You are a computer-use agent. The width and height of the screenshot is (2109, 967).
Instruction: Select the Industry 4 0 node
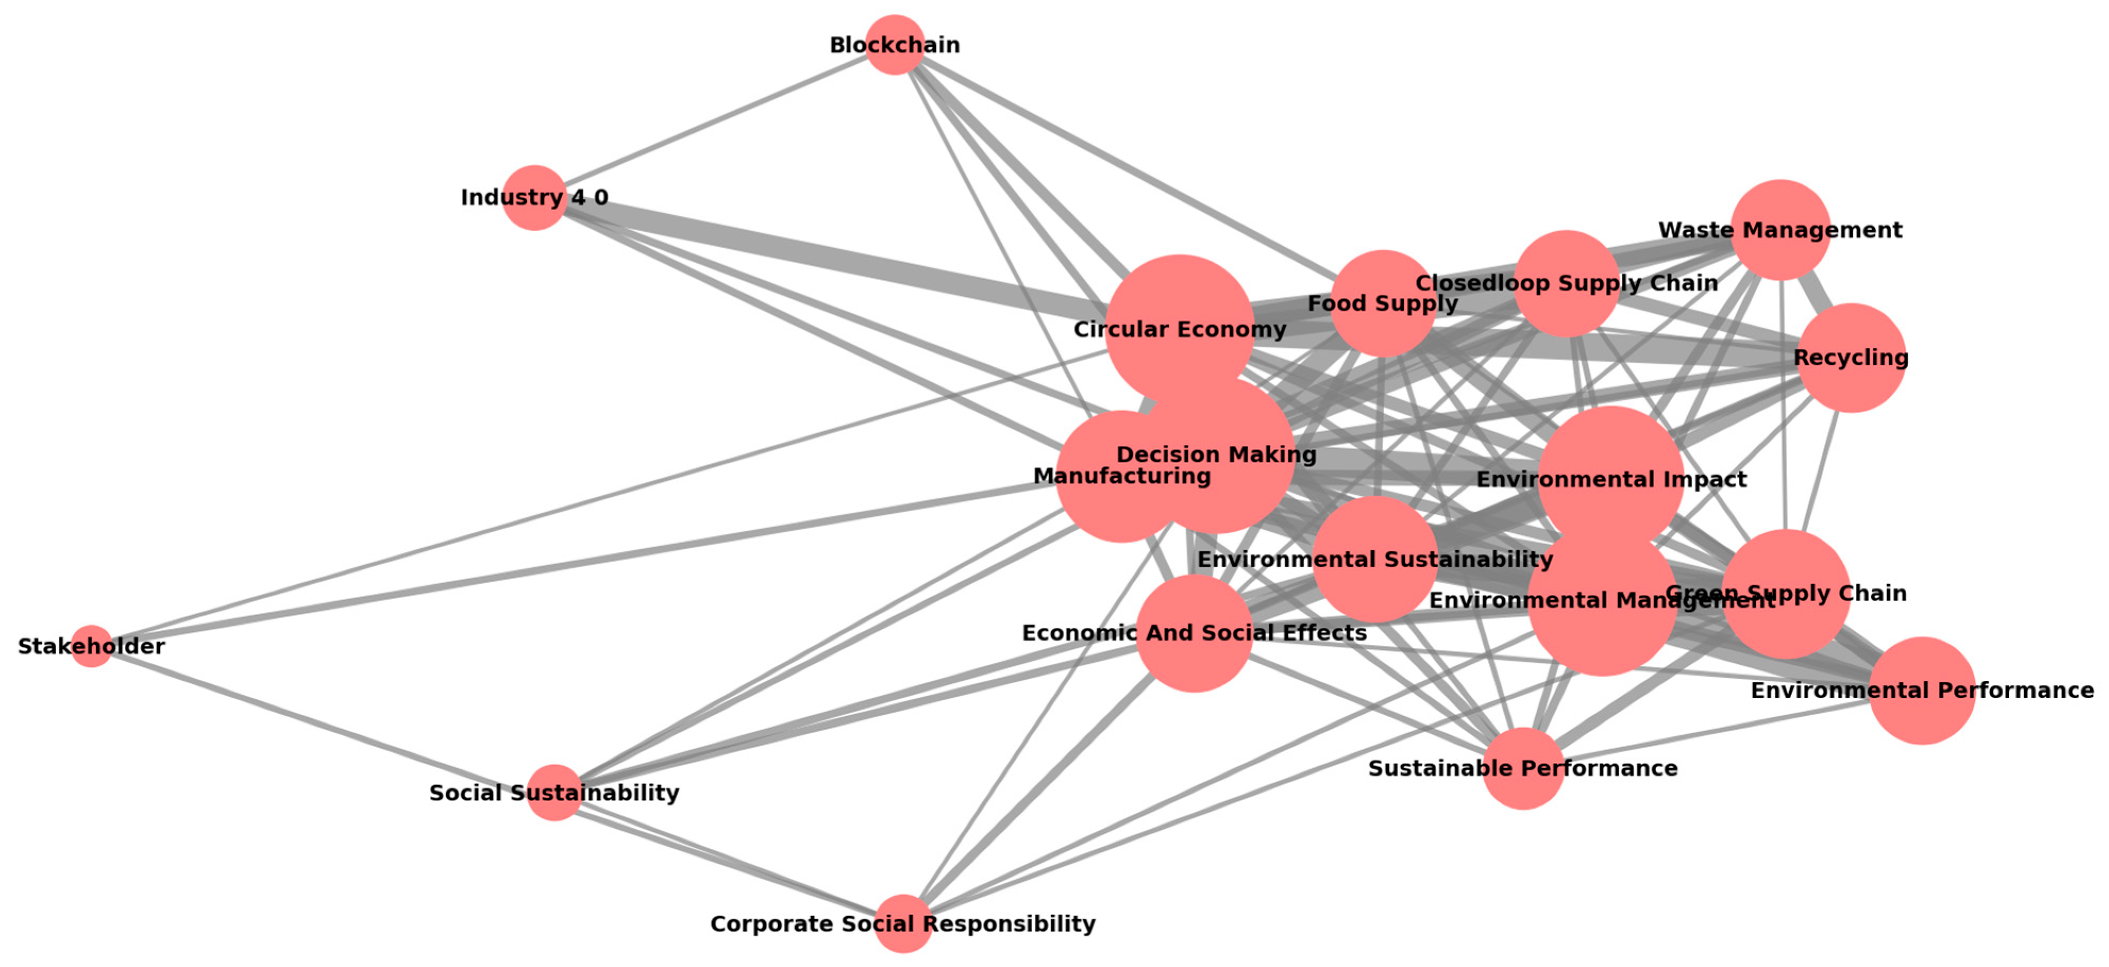(x=534, y=197)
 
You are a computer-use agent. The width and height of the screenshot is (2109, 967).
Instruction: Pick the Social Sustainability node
(x=554, y=793)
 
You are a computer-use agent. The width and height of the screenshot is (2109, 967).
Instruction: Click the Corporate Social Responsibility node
(x=903, y=923)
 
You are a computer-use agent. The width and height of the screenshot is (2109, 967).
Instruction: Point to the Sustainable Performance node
(x=1523, y=768)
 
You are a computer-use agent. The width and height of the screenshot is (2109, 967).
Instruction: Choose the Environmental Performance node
(x=1921, y=690)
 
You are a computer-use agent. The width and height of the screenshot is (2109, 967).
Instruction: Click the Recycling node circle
(x=1850, y=358)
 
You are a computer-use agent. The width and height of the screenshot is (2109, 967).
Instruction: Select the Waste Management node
(x=1781, y=230)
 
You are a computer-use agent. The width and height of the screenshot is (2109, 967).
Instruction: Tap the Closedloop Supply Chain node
(x=1566, y=283)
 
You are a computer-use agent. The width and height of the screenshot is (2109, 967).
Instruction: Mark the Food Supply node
(x=1383, y=304)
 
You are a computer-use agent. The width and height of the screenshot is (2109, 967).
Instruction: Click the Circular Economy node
(x=1179, y=329)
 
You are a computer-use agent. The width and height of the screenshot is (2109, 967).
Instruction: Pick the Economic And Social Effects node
(x=1194, y=633)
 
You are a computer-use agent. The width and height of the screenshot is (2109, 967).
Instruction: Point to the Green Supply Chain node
(x=1786, y=594)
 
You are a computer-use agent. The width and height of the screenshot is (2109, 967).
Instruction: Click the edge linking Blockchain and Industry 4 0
(x=712, y=121)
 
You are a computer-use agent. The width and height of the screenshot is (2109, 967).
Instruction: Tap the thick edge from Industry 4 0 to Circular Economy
(x=819, y=253)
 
